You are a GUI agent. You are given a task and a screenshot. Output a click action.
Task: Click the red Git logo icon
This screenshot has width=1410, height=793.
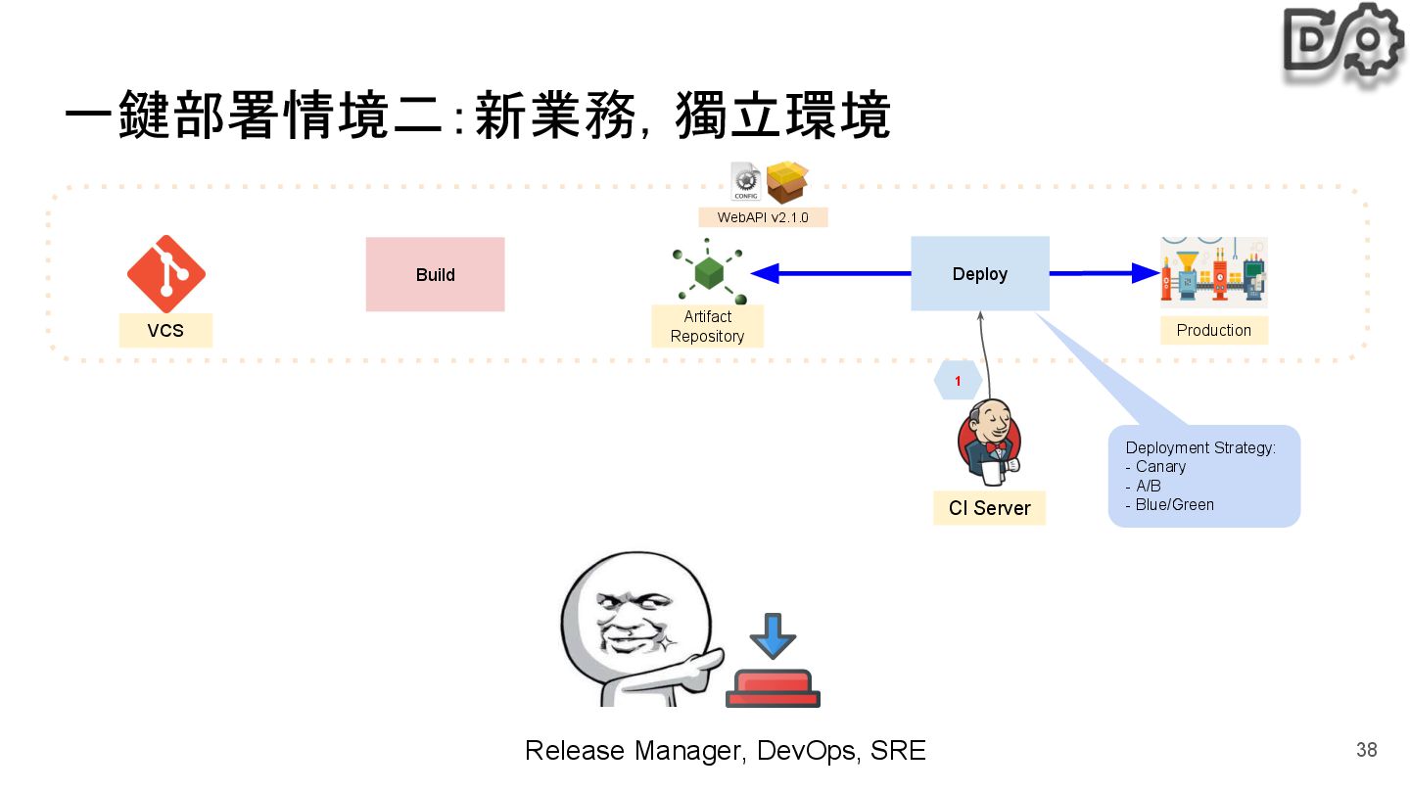[x=165, y=274]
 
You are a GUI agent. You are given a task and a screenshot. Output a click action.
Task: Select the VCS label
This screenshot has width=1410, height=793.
[x=165, y=331]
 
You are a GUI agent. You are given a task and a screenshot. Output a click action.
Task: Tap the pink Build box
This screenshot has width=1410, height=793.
[x=435, y=275]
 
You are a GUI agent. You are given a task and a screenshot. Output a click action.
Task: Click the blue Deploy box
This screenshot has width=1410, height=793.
[x=979, y=274]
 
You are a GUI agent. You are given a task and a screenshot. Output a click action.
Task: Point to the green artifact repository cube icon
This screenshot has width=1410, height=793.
[x=709, y=273]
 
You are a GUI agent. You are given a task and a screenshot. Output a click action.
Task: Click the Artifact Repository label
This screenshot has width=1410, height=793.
[x=707, y=326]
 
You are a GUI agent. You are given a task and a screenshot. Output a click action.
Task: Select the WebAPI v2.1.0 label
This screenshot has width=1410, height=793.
[x=763, y=217]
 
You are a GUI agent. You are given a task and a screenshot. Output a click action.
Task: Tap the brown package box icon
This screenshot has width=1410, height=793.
[x=787, y=182]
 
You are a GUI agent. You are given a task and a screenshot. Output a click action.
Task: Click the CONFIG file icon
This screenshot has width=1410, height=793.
[x=745, y=182]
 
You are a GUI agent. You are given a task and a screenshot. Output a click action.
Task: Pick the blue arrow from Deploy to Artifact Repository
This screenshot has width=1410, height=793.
[x=832, y=274]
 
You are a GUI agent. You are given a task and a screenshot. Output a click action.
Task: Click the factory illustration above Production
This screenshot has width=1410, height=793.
[x=1213, y=273]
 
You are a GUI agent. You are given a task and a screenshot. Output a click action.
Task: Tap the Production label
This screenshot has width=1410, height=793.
[x=1213, y=331]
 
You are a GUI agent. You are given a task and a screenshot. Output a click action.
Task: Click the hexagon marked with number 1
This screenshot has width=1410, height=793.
[x=958, y=381]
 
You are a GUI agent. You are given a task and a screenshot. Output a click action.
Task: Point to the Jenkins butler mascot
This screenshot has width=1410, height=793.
[x=989, y=443]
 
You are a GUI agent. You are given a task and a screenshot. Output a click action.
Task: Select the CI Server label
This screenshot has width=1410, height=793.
[x=989, y=508]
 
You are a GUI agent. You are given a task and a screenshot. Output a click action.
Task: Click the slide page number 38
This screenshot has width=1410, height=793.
[x=1366, y=751]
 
